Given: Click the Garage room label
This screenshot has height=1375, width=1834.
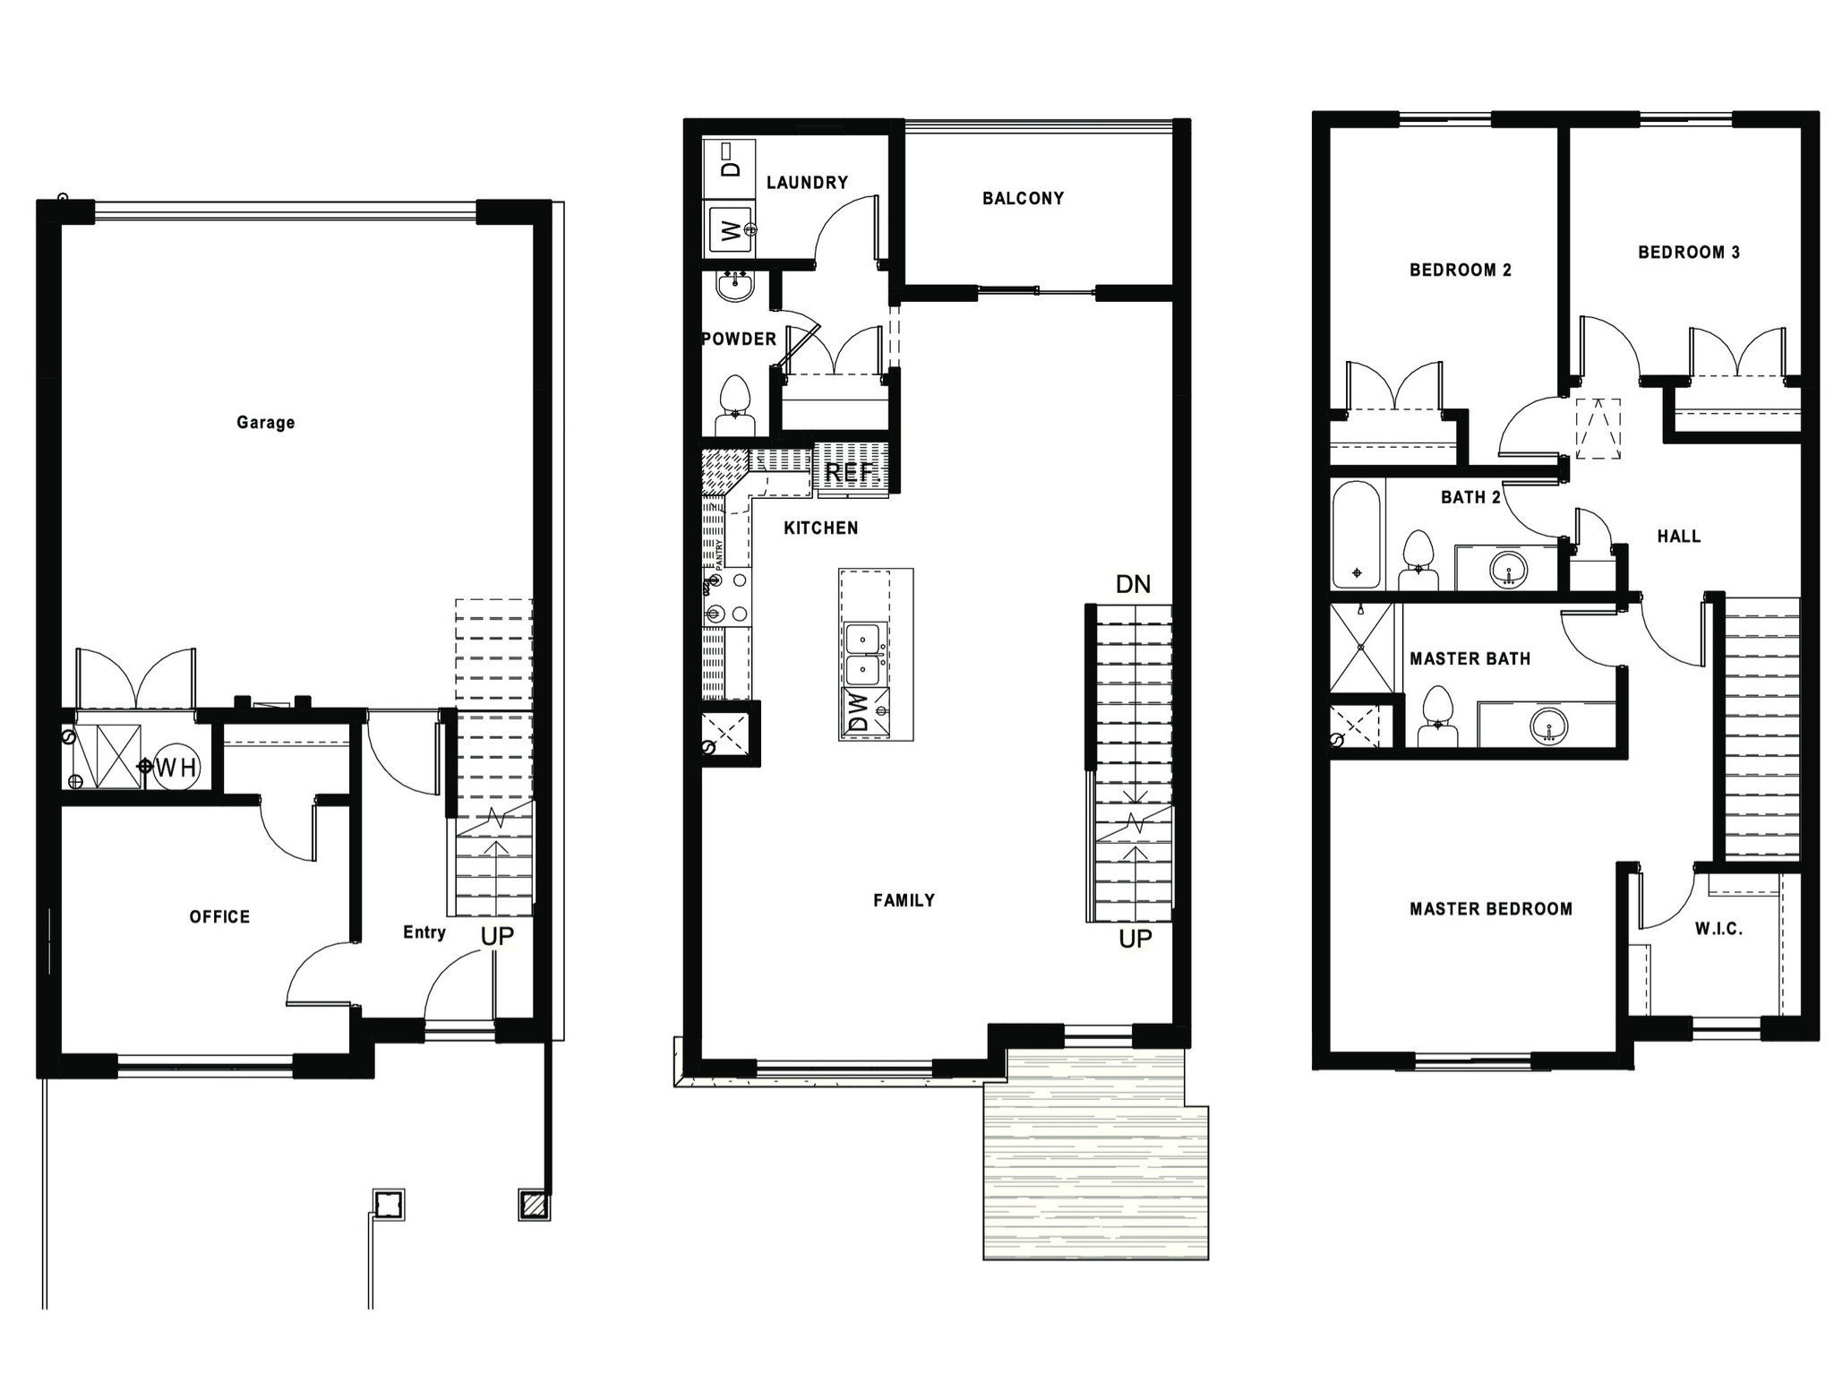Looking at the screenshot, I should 265,422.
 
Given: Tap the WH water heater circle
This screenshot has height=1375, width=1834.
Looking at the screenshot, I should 176,768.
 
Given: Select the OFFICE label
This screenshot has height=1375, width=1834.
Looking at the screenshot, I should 219,916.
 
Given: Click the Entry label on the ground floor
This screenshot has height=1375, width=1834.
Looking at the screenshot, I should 424,932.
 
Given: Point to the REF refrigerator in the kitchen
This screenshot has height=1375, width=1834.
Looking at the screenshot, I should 848,472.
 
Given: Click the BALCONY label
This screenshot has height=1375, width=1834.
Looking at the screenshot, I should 1023,198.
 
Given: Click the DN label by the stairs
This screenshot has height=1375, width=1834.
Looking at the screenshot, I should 1133,585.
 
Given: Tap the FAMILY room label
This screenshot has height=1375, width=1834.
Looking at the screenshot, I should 904,900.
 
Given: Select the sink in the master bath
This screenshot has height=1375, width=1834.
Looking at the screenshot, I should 1548,724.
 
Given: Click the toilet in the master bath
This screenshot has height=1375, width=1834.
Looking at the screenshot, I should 1437,717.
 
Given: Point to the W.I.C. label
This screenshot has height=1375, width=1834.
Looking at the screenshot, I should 1718,929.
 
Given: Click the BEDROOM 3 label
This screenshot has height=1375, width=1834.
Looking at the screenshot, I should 1688,253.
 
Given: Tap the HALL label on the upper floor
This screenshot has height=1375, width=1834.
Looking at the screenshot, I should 1678,537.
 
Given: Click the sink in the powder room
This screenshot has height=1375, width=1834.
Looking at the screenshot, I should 736,287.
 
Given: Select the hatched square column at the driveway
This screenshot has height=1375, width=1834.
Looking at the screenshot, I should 534,1206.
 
